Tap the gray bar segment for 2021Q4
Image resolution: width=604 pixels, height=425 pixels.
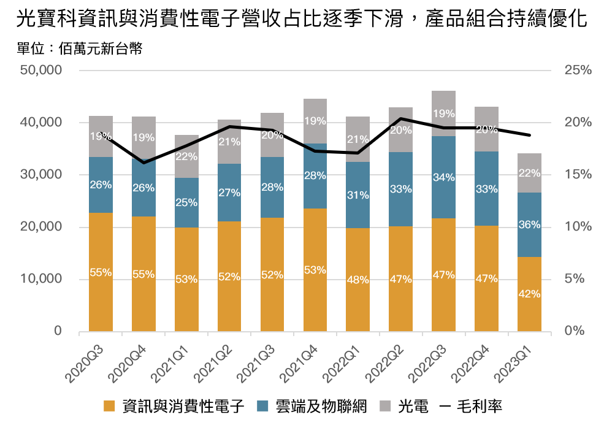tap(315, 110)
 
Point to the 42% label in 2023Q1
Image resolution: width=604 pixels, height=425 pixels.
tap(529, 294)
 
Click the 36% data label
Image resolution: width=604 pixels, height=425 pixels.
tap(529, 225)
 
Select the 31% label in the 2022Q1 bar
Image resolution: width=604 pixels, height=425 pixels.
tap(357, 196)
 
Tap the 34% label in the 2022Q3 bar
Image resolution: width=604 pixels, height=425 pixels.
tap(443, 178)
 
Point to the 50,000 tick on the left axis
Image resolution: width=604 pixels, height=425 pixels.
tap(41, 71)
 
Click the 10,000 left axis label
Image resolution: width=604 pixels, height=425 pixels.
tap(41, 280)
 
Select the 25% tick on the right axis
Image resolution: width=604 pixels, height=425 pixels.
tap(578, 71)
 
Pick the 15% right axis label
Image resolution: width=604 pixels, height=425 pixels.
tap(578, 175)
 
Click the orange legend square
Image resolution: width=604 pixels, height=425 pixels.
tap(109, 405)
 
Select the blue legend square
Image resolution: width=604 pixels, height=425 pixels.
tap(262, 405)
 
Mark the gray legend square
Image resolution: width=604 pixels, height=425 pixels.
tap(385, 405)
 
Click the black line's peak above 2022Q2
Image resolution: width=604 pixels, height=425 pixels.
tap(401, 118)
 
